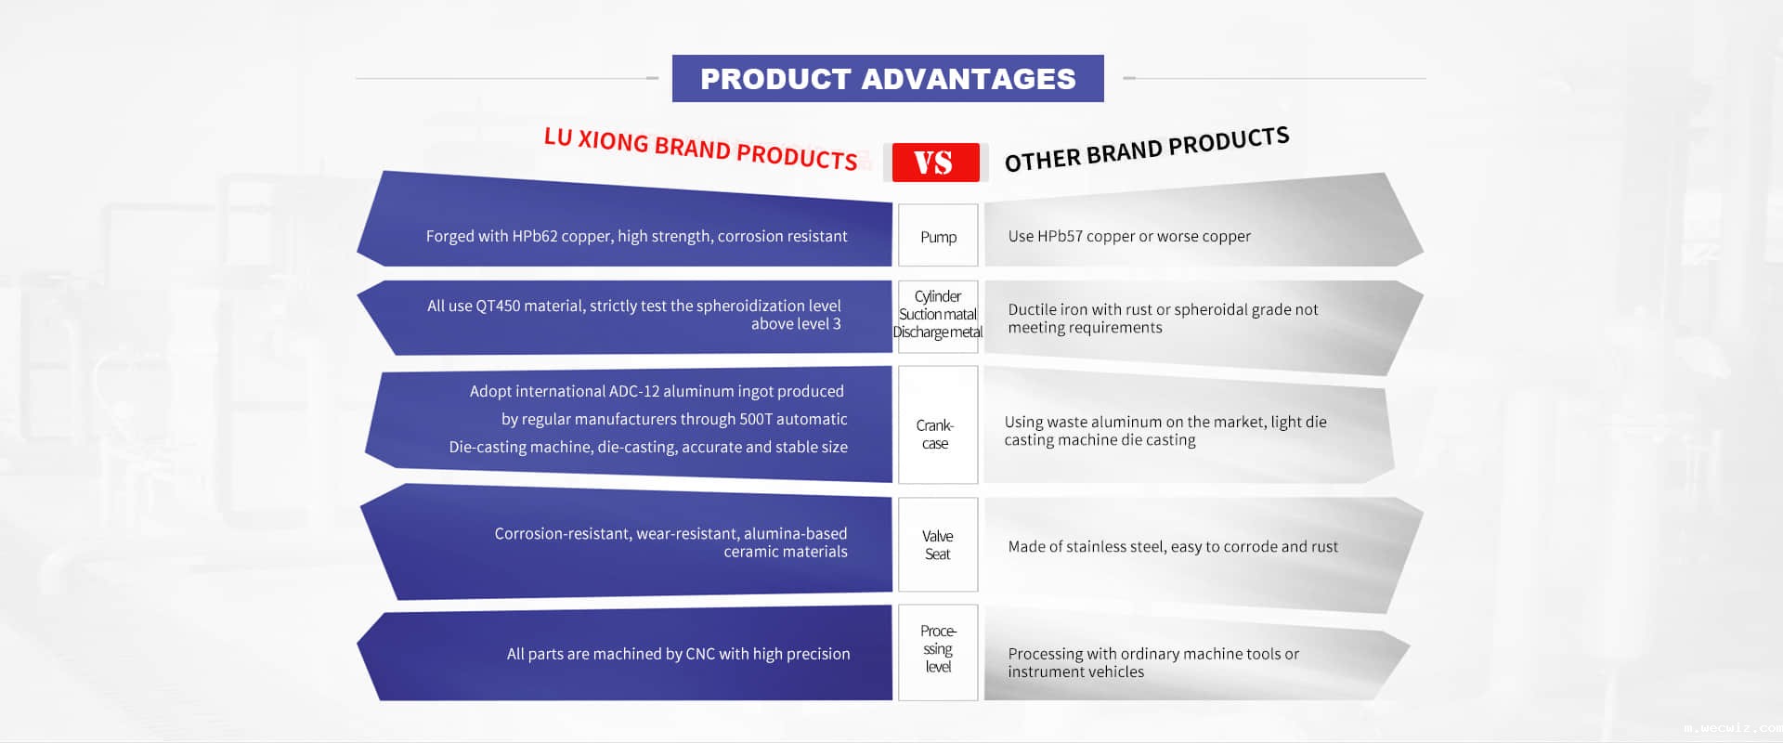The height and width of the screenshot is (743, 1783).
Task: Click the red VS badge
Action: (935, 163)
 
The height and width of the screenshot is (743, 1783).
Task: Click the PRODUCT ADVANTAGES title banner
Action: (888, 79)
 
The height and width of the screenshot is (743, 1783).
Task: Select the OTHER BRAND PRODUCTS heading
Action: (1147, 150)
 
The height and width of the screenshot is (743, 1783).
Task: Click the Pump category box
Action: (938, 235)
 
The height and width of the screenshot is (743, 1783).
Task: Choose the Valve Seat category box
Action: (938, 544)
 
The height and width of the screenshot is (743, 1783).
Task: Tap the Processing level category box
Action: (938, 652)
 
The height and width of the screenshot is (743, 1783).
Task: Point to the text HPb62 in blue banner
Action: (535, 236)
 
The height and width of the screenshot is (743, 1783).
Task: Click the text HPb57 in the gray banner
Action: (1060, 236)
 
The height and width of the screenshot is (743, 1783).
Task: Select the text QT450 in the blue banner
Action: (498, 306)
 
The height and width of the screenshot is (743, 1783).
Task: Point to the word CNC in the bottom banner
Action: (700, 654)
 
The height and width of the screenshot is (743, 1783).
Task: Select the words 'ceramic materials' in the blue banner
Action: (786, 552)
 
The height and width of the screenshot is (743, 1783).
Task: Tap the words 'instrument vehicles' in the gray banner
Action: (1076, 671)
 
